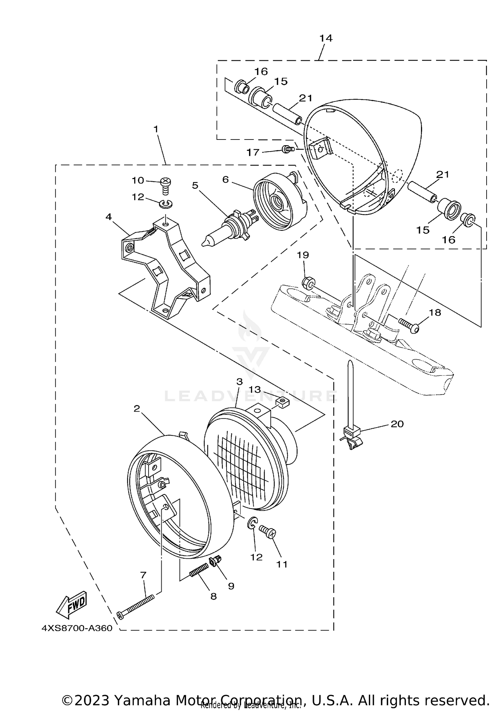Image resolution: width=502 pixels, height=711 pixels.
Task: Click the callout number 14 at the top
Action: pyautogui.click(x=326, y=38)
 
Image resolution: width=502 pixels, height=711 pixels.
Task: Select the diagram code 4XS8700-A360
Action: pyautogui.click(x=77, y=628)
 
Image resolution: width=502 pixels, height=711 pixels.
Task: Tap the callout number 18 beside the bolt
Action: pyautogui.click(x=435, y=313)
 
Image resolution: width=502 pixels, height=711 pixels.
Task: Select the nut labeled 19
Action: pyautogui.click(x=308, y=283)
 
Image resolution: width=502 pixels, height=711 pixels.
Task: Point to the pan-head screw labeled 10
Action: pyautogui.click(x=165, y=185)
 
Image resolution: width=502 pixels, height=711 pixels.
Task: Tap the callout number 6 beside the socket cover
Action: pyautogui.click(x=226, y=180)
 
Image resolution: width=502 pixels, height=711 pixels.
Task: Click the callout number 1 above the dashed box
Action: pyautogui.click(x=156, y=129)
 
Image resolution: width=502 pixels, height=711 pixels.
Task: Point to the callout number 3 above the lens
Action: pyautogui.click(x=239, y=381)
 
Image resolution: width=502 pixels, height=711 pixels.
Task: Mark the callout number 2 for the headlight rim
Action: pyautogui.click(x=137, y=409)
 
